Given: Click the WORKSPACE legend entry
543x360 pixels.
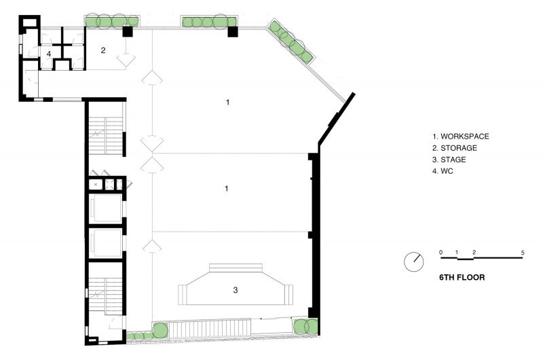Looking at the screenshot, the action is (x=461, y=136).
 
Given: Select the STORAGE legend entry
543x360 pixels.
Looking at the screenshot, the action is (x=454, y=148).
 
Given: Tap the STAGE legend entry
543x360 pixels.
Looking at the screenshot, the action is (x=449, y=160).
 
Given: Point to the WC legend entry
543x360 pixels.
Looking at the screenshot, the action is (x=443, y=171).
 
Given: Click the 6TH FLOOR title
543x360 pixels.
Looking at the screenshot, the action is (x=462, y=277).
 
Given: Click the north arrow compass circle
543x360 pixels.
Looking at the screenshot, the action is (x=414, y=262).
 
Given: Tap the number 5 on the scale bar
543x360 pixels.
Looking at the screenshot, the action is (x=523, y=253).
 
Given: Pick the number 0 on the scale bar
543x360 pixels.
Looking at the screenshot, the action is (x=441, y=252).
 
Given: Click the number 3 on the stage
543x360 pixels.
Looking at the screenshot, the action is (x=236, y=290).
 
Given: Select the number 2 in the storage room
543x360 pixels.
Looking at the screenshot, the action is (x=103, y=50).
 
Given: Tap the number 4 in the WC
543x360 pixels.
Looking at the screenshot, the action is (x=49, y=54).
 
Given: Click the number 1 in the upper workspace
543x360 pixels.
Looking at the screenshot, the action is (x=227, y=102).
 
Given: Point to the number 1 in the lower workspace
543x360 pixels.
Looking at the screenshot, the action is (x=227, y=188).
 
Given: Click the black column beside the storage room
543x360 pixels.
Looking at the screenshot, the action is (x=128, y=31).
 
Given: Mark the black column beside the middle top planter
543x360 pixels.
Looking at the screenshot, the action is (x=232, y=31).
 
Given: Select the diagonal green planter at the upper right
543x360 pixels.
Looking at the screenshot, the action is (x=291, y=41).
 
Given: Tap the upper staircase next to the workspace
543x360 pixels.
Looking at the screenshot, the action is (x=106, y=135).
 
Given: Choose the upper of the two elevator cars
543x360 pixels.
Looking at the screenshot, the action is (x=106, y=208).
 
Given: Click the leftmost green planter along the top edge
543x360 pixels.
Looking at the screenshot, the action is (x=112, y=22).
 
